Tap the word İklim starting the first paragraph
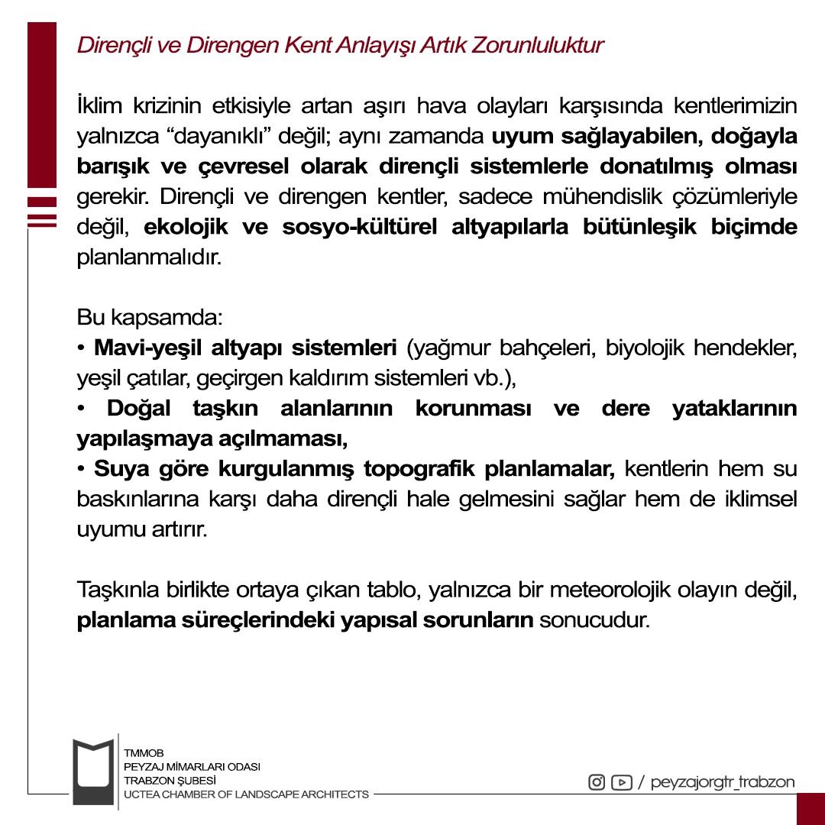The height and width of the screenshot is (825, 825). pyautogui.click(x=97, y=105)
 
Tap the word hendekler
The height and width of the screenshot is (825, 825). pyautogui.click(x=748, y=349)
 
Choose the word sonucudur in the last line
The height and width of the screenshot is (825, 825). pyautogui.click(x=594, y=620)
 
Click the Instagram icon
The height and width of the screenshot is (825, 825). pyautogui.click(x=597, y=782)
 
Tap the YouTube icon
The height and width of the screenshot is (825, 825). pyautogui.click(x=621, y=782)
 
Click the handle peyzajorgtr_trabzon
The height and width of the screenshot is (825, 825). pyautogui.click(x=722, y=782)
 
